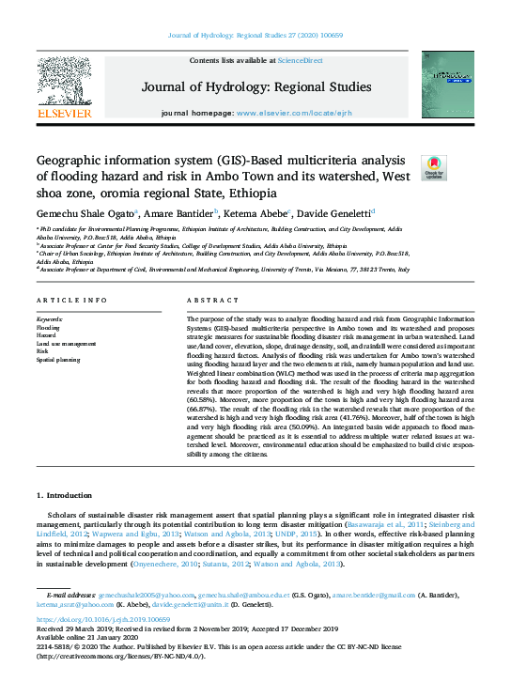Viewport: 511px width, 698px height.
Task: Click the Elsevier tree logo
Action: click(64, 83)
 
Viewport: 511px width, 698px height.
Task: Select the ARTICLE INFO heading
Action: click(70, 301)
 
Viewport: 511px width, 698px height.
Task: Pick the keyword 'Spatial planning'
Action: click(57, 360)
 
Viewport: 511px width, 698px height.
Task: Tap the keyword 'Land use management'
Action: click(66, 345)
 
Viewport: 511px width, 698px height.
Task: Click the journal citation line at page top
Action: click(255, 35)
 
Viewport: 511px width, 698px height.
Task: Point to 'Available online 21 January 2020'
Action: click(83, 638)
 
